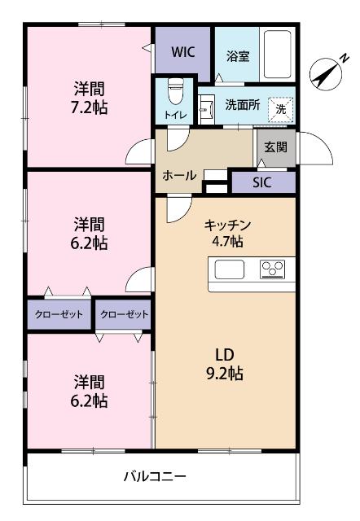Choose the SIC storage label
coord(261,182)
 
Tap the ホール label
coord(178,175)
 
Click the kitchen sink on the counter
coord(229,269)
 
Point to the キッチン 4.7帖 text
coord(226,232)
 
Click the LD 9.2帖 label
coord(224,365)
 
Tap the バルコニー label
coord(156,476)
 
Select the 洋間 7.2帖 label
coord(89,98)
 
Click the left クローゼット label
coord(59,313)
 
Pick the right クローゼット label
coord(125,313)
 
